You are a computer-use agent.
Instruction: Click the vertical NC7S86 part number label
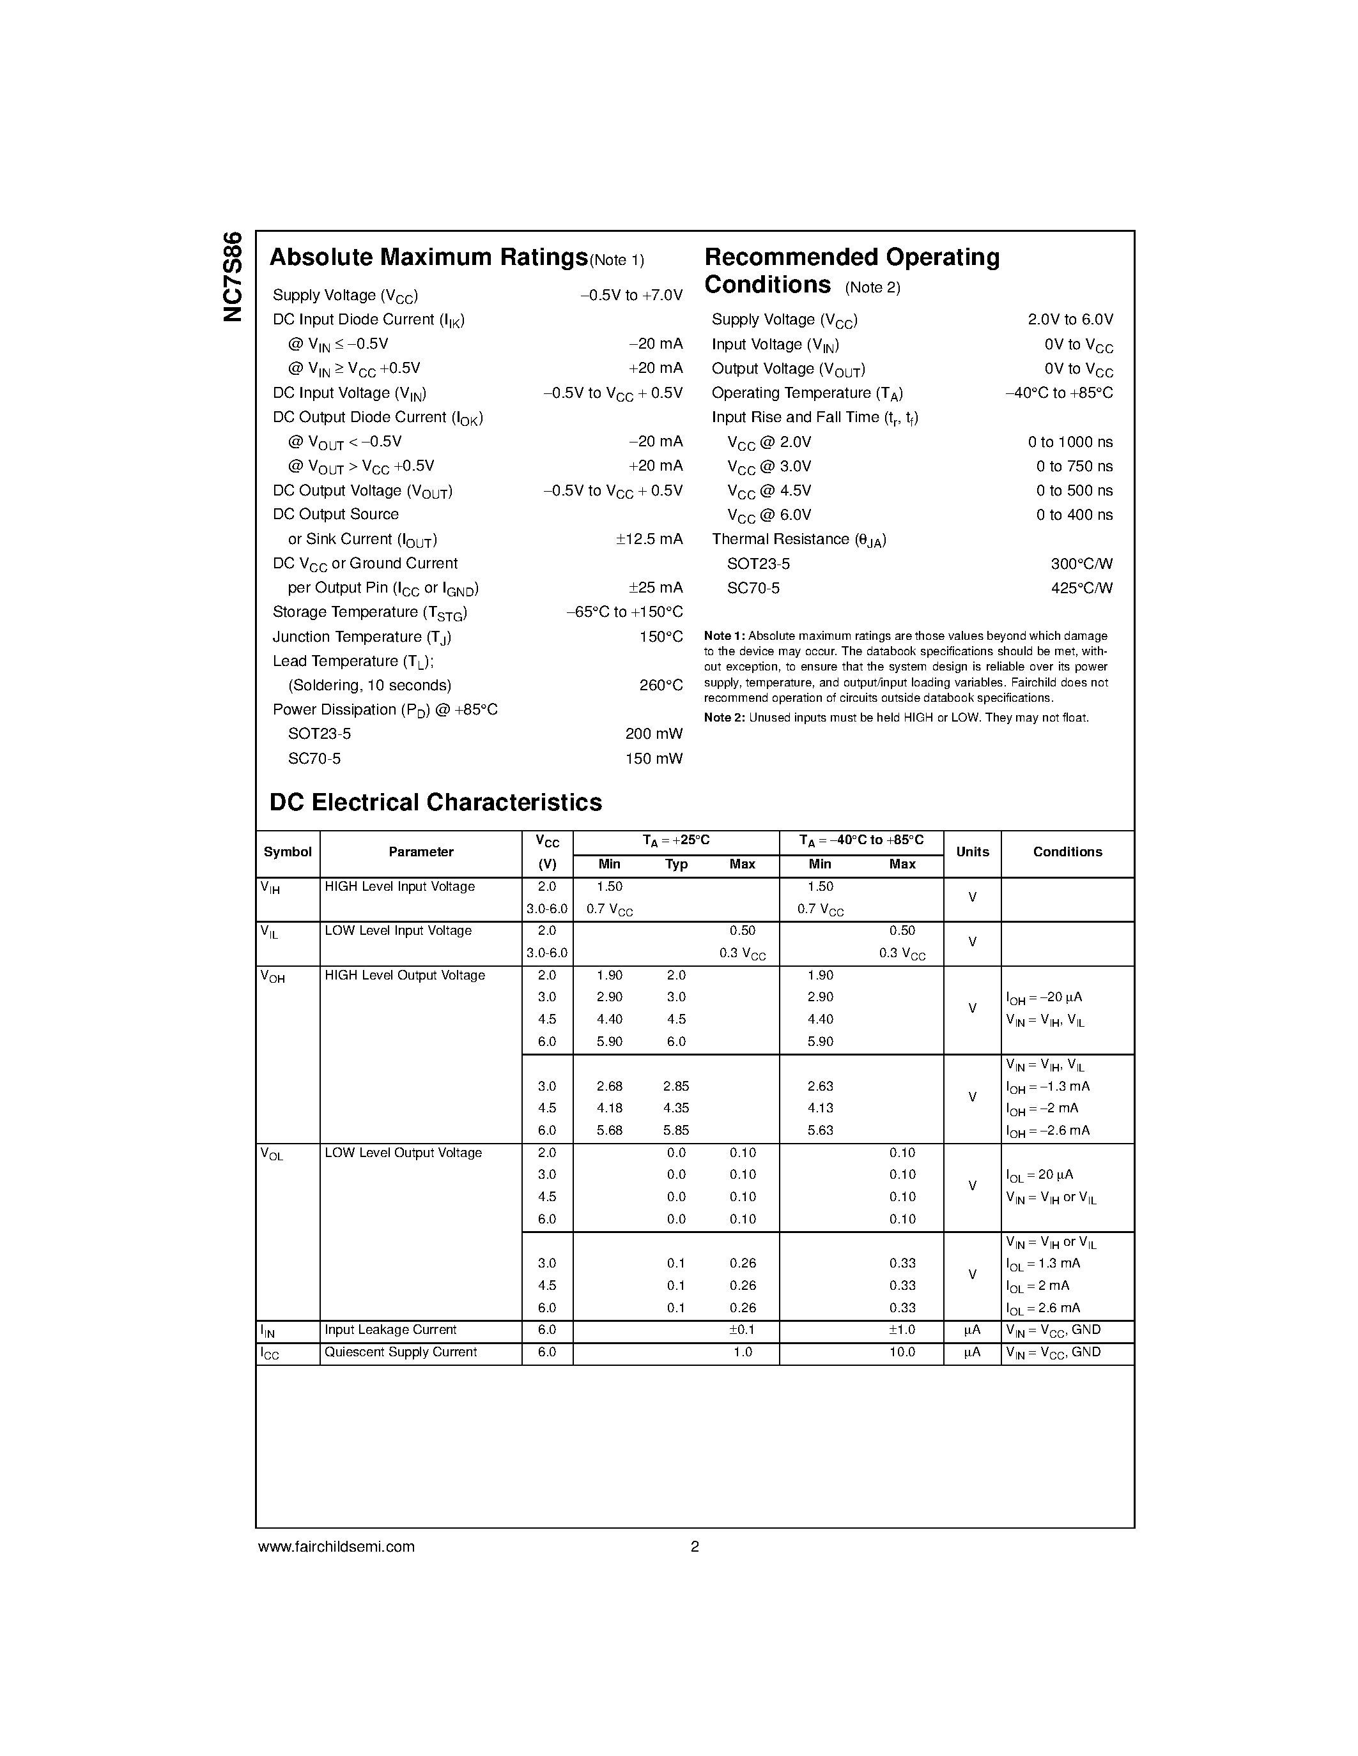point(233,276)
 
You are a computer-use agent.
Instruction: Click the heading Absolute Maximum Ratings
point(428,257)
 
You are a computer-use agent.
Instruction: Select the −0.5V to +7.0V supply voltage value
point(631,296)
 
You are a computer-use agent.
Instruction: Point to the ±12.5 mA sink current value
point(649,540)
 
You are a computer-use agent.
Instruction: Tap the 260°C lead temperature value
point(661,686)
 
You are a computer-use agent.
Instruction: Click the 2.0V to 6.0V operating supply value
point(1070,320)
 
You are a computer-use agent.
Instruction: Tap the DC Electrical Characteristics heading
point(435,803)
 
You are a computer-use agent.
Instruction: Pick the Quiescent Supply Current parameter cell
point(401,1352)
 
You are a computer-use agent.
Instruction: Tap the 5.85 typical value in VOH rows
point(675,1130)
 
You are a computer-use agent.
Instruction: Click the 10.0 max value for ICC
point(902,1352)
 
